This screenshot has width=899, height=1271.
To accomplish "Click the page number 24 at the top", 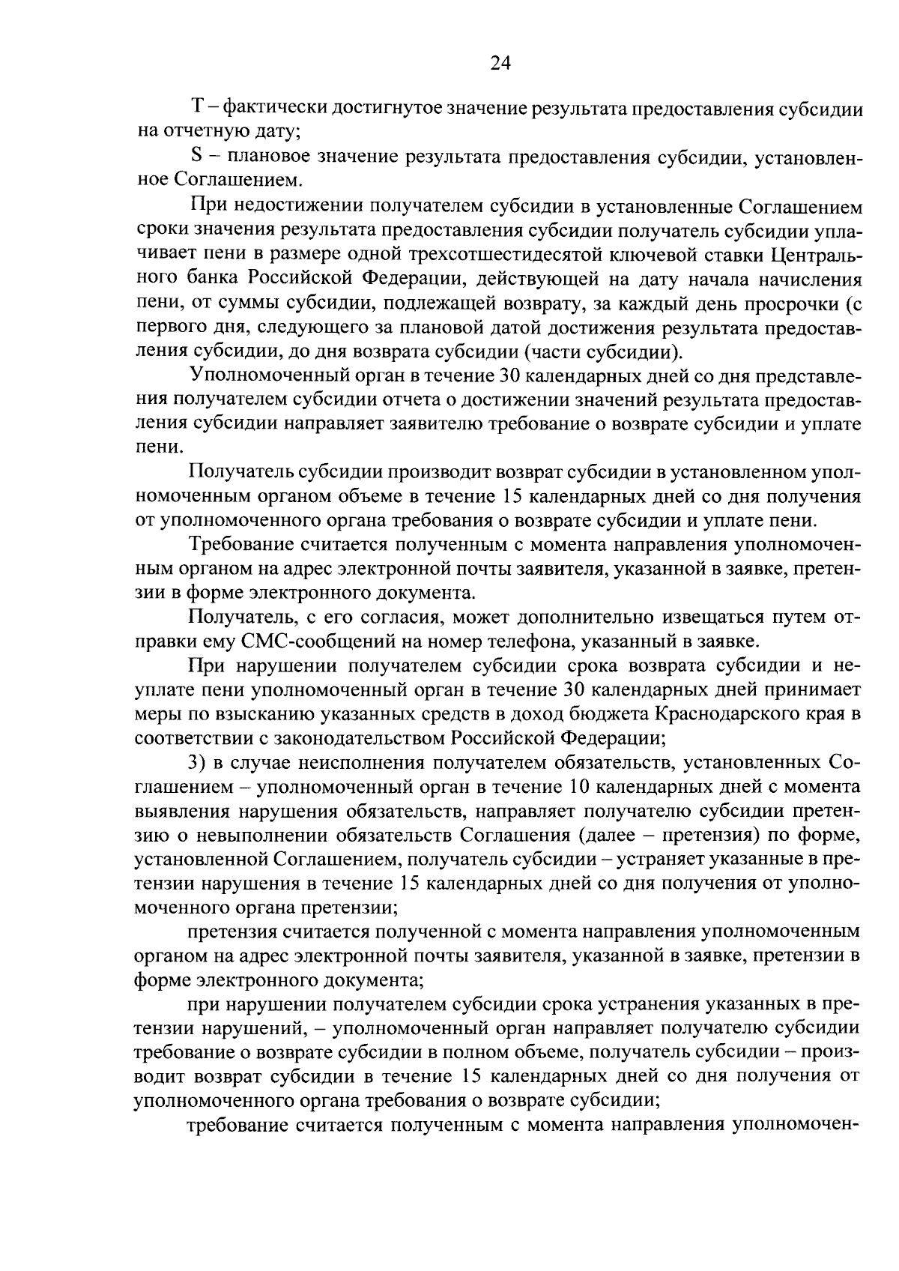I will point(500,64).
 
